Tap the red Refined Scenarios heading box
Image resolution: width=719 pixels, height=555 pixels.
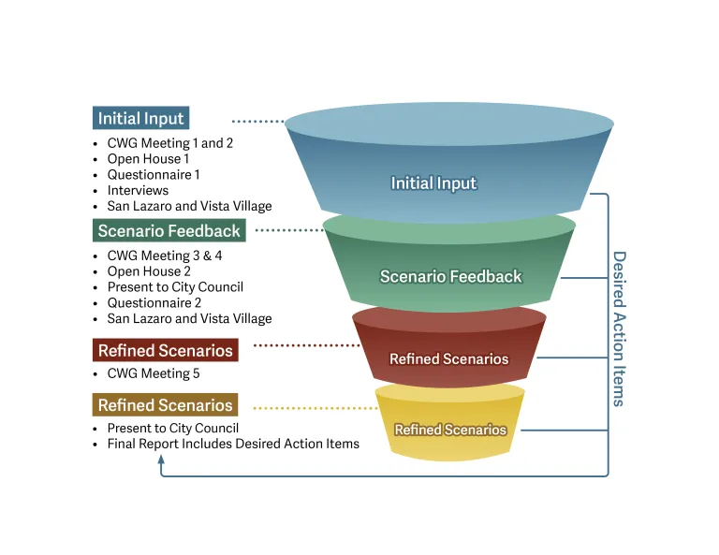pyautogui.click(x=165, y=351)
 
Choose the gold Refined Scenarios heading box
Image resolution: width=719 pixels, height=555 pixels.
pyautogui.click(x=165, y=405)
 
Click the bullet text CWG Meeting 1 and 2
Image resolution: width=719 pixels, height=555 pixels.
pyautogui.click(x=169, y=143)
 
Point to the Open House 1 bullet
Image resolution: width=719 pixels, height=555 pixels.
pyautogui.click(x=148, y=159)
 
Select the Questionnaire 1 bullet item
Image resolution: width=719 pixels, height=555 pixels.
pyautogui.click(x=154, y=175)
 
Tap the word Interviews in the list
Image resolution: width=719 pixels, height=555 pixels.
pyautogui.click(x=138, y=190)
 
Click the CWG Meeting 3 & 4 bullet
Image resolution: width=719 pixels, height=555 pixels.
pyautogui.click(x=165, y=256)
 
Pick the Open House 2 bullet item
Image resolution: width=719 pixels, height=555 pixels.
pyautogui.click(x=149, y=271)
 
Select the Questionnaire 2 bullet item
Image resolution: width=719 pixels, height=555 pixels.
pyautogui.click(x=154, y=302)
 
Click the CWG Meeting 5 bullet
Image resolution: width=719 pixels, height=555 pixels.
pyautogui.click(x=154, y=373)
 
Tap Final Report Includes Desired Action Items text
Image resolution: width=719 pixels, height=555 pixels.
pyautogui.click(x=233, y=444)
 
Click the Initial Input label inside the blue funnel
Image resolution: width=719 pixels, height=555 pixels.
pyautogui.click(x=433, y=183)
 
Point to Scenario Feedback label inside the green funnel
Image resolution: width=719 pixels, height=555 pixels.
pyautogui.click(x=450, y=276)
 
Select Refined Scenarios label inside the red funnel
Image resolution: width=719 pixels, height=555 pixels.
pyautogui.click(x=449, y=359)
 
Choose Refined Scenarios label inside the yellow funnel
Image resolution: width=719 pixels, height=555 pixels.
pyautogui.click(x=450, y=431)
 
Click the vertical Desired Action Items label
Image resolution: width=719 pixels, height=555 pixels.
pyautogui.click(x=618, y=328)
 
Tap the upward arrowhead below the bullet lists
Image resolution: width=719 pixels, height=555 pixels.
pyautogui.click(x=161, y=460)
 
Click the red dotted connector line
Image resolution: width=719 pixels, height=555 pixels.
pyautogui.click(x=307, y=345)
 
